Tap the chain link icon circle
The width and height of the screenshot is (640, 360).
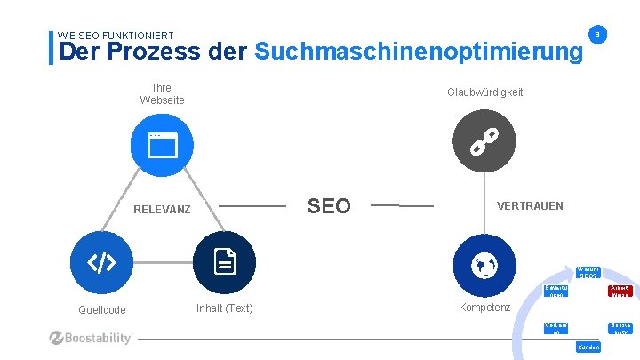click(484, 140)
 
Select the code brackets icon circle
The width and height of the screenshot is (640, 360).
click(101, 262)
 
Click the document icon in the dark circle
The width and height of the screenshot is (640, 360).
click(224, 262)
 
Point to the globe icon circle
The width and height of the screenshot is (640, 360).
click(484, 263)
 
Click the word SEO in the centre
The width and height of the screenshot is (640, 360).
click(329, 206)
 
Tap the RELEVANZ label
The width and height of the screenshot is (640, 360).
click(162, 210)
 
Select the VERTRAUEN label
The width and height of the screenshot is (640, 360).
click(530, 206)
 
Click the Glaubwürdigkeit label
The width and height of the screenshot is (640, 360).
click(484, 92)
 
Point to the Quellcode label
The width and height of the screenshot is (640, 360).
click(100, 310)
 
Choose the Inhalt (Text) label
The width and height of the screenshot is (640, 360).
click(224, 308)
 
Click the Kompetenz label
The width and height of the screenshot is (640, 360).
click(484, 308)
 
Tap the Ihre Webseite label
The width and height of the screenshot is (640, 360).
click(162, 94)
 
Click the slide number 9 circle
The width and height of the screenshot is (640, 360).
click(599, 35)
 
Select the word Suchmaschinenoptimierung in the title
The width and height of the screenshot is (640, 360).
click(419, 52)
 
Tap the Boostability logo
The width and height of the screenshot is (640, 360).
click(92, 338)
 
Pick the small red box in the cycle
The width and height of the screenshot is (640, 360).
click(620, 291)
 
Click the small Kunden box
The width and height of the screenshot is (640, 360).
click(588, 347)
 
